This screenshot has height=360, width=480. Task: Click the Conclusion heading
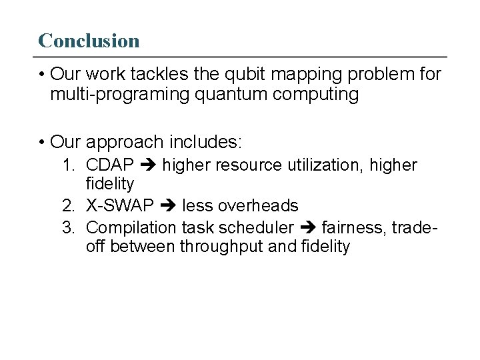tap(89, 41)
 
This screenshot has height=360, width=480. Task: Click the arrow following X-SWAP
tap(167, 205)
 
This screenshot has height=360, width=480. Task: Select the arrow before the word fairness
tap(307, 227)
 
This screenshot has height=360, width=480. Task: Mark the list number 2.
tap(68, 205)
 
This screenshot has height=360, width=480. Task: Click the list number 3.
tap(68, 227)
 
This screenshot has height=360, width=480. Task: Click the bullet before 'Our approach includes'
tap(41, 142)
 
